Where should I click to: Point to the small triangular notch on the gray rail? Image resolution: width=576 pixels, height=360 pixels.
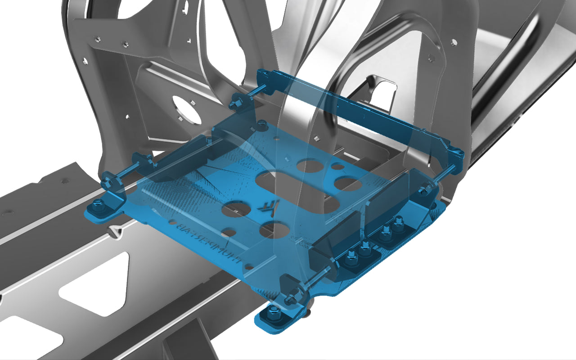(x=116, y=230)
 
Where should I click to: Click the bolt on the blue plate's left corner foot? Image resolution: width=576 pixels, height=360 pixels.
(x=96, y=207)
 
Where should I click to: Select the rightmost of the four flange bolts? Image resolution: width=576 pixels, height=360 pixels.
(x=398, y=222)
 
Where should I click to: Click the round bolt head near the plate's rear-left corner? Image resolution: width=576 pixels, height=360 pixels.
(x=260, y=123)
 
